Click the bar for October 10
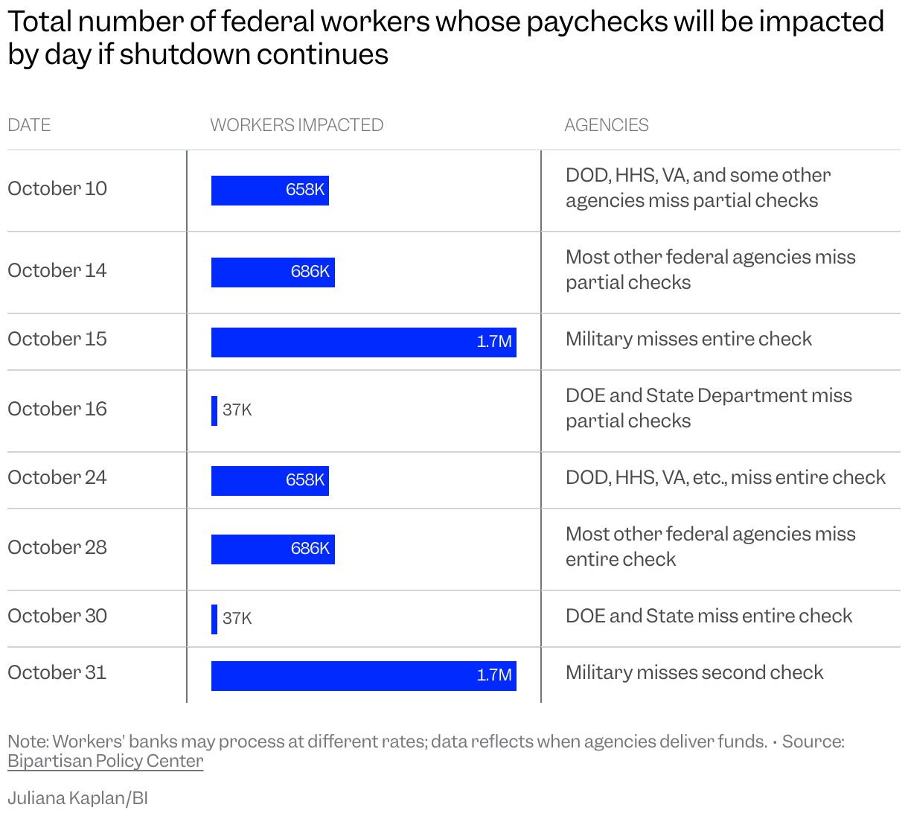[269, 191]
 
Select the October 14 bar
[272, 272]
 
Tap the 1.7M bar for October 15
[363, 342]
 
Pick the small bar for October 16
[214, 411]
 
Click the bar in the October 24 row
[269, 481]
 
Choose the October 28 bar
[272, 549]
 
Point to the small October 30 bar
[214, 619]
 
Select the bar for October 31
[363, 676]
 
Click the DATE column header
[29, 125]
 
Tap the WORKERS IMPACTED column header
[296, 125]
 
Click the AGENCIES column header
[606, 125]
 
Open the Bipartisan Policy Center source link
[105, 761]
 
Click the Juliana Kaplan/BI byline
[77, 798]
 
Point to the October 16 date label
[57, 409]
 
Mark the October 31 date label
[57, 672]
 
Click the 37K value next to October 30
[237, 619]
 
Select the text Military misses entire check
[688, 339]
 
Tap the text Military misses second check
[694, 672]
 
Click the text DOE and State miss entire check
[709, 616]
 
